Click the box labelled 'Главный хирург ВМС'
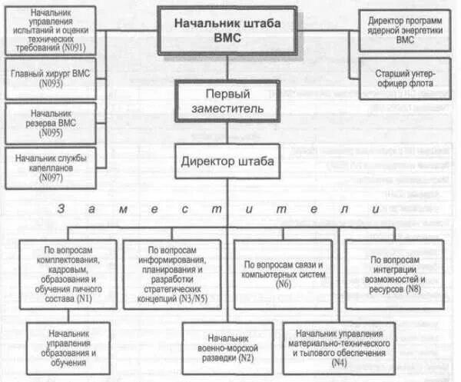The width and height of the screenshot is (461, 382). click(50, 78)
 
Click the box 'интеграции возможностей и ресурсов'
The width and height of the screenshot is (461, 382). click(394, 273)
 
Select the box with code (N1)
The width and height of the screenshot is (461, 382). click(69, 273)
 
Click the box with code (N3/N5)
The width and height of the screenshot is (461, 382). click(174, 273)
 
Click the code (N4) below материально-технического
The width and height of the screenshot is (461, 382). click(338, 361)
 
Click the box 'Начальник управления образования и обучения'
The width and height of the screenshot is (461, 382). click(71, 347)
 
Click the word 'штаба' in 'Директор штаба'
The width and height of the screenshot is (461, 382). click(250, 162)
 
